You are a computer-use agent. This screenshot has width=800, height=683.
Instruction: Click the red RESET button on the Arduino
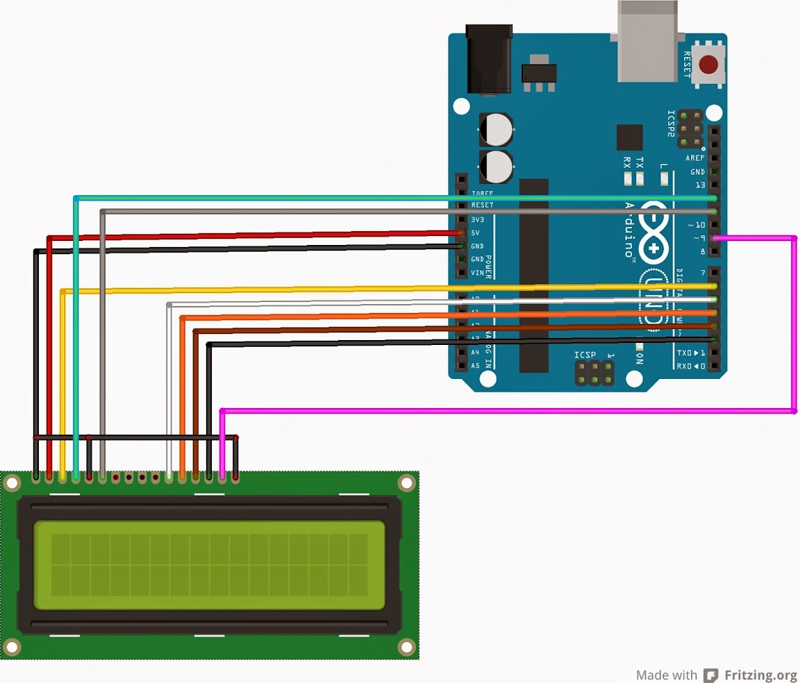(x=708, y=65)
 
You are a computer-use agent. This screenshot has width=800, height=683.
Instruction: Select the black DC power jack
(x=490, y=59)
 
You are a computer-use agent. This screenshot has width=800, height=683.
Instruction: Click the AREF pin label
(x=695, y=158)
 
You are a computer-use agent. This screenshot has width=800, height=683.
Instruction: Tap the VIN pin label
(x=478, y=273)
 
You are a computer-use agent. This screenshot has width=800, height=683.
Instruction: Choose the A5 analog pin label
(x=476, y=366)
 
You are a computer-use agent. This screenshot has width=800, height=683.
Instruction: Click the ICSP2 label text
(x=671, y=124)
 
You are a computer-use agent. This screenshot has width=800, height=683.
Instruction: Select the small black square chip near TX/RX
(x=629, y=137)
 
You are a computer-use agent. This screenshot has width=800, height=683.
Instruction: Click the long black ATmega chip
(x=533, y=274)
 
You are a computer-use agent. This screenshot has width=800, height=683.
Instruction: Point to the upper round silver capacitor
(x=497, y=129)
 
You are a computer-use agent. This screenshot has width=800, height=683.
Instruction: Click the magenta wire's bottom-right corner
(x=794, y=412)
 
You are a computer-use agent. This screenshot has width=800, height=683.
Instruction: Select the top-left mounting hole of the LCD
(x=12, y=482)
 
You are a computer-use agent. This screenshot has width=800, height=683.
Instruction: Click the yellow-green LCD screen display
(x=209, y=565)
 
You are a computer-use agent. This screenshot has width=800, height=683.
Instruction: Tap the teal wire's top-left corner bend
(x=76, y=199)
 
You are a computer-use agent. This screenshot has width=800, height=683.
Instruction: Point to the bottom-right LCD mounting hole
(x=406, y=647)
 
